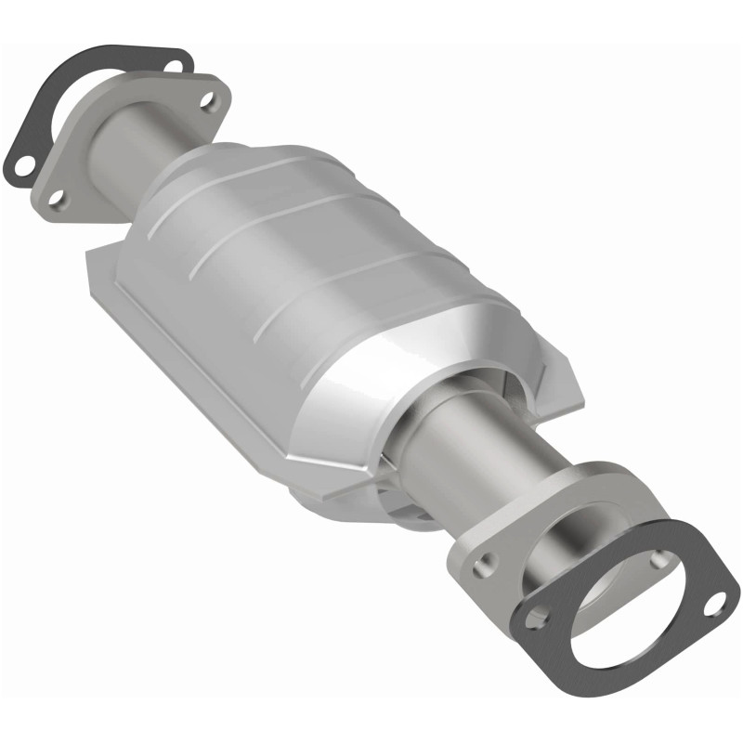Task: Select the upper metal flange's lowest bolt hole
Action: tap(58, 198)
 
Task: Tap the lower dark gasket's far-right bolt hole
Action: tap(717, 605)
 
